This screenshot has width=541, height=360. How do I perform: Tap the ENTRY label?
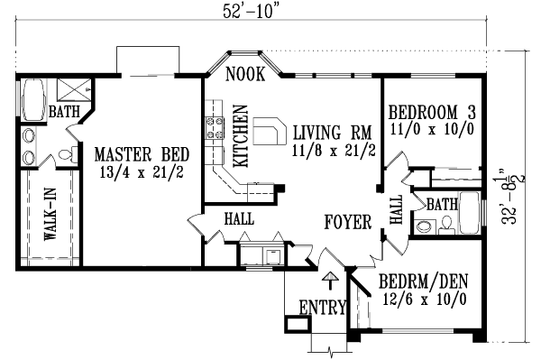click(321, 308)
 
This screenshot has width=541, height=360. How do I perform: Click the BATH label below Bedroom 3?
click(442, 204)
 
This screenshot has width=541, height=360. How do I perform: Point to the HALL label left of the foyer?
click(238, 218)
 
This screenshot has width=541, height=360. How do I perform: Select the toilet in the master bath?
click(67, 156)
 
